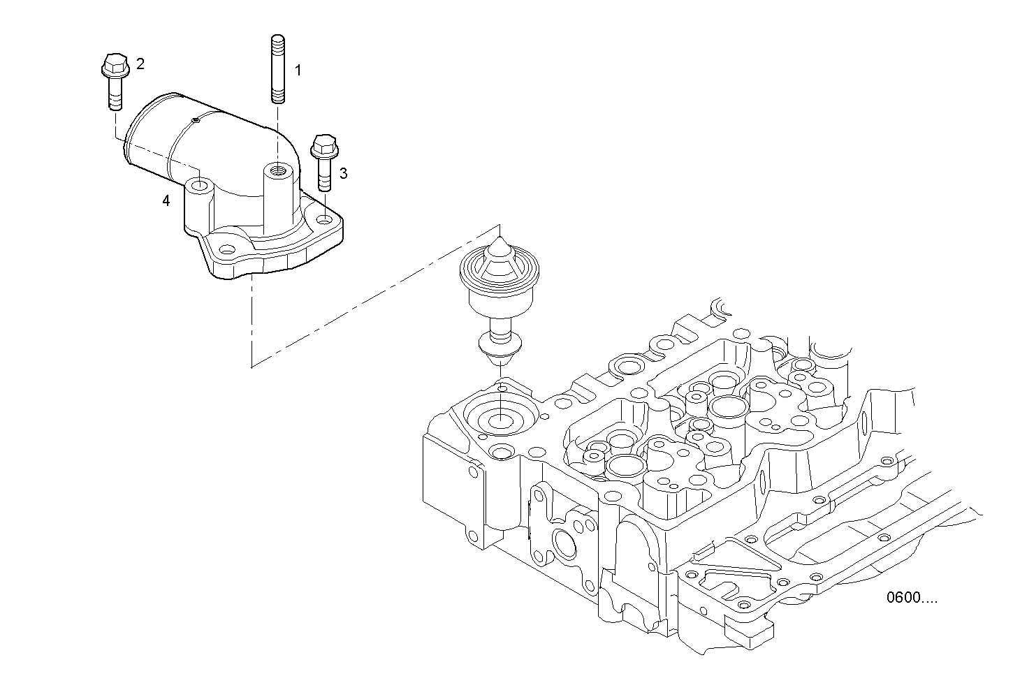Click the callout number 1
tap(298, 71)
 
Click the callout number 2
tap(140, 64)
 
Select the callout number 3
tap(343, 173)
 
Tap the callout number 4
tap(166, 201)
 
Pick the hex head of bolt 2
tap(113, 66)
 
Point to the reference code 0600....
tap(911, 598)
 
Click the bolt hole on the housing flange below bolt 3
tap(323, 219)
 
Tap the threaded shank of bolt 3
tap(323, 175)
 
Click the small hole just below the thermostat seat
tap(500, 453)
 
